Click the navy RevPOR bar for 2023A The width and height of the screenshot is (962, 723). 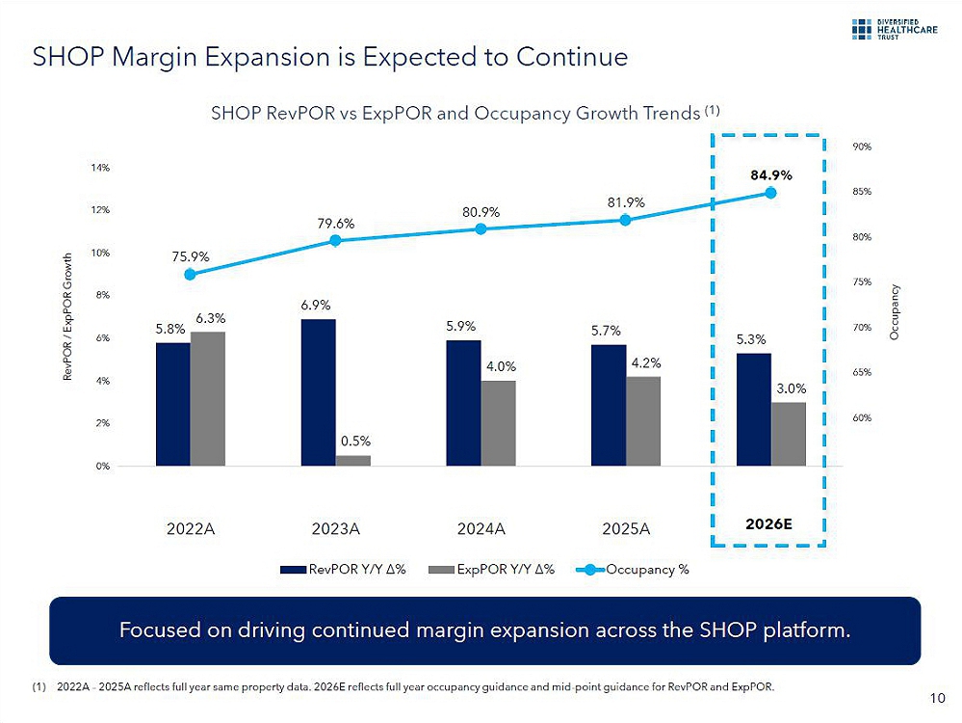pos(319,392)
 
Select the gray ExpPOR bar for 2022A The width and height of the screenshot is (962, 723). pos(207,399)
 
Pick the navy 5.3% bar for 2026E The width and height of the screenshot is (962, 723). pos(753,410)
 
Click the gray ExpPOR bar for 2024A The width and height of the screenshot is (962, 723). pos(498,423)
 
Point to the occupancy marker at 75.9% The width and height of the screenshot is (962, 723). pos(190,274)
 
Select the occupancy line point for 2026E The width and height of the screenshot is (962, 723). pos(770,193)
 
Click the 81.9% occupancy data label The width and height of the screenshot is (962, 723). pos(625,201)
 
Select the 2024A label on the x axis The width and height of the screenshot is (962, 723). pos(481,528)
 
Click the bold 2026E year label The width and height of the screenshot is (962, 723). pos(769,526)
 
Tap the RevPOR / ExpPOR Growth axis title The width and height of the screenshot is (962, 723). pos(68,317)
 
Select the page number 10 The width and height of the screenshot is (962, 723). pos(937,700)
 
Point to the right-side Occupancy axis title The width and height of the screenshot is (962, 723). pos(895,311)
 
